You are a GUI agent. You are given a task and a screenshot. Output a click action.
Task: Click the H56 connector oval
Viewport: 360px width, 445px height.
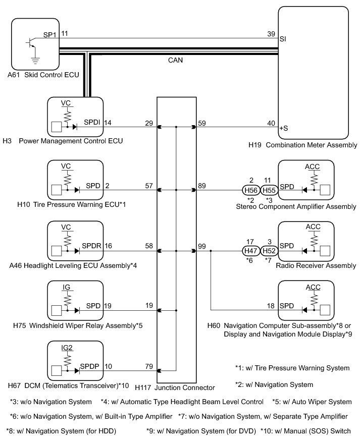click(x=251, y=190)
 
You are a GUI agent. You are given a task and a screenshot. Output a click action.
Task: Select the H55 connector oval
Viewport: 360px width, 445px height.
click(x=269, y=190)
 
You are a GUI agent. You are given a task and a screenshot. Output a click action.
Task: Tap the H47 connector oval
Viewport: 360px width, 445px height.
click(x=251, y=251)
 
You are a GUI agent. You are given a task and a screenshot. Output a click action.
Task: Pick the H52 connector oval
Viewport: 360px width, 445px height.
click(x=269, y=251)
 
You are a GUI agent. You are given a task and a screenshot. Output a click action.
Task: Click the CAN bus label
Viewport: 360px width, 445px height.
click(x=176, y=60)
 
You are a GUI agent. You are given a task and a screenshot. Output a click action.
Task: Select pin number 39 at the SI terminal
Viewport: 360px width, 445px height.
click(x=271, y=34)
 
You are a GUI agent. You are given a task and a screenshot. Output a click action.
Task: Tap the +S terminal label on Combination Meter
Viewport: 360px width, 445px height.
click(x=284, y=128)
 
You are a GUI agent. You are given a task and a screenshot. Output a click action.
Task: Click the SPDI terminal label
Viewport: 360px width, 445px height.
click(x=92, y=122)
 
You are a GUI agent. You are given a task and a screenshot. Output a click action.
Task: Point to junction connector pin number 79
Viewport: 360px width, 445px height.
click(x=149, y=366)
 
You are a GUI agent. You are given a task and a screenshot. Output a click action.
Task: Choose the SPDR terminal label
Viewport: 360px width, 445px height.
click(x=91, y=246)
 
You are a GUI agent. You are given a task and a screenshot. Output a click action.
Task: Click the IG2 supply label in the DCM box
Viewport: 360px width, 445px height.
click(x=67, y=348)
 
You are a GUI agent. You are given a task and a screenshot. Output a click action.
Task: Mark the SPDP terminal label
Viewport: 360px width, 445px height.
click(x=89, y=366)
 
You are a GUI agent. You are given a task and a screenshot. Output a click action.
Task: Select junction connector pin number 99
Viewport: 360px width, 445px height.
click(x=202, y=246)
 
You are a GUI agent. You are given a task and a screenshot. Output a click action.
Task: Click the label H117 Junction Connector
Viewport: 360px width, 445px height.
click(x=175, y=387)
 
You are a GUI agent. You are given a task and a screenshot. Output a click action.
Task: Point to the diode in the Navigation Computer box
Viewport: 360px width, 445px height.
click(x=304, y=310)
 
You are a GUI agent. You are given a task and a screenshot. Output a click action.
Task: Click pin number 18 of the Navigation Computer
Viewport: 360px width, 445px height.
click(x=271, y=306)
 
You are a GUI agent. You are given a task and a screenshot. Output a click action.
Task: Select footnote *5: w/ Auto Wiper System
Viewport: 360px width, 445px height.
click(x=312, y=402)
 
